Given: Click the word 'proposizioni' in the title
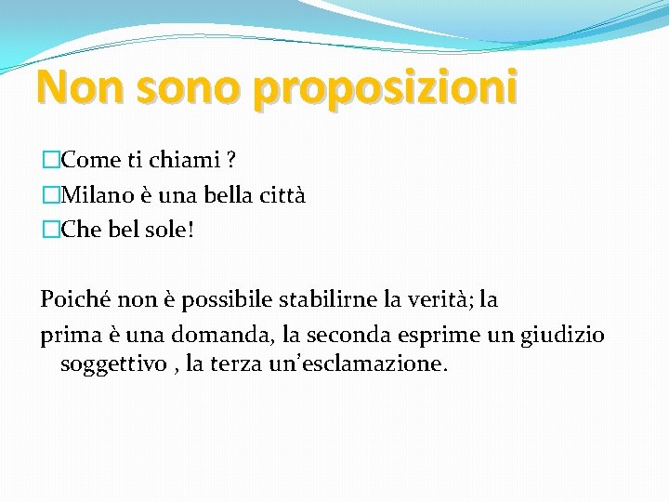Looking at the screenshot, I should (385, 88).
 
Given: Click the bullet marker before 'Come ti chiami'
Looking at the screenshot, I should (50, 160).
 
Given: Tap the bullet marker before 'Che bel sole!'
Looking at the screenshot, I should (50, 231).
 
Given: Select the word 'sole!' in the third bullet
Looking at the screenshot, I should (172, 231).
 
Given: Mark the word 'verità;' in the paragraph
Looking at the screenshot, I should (439, 299).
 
